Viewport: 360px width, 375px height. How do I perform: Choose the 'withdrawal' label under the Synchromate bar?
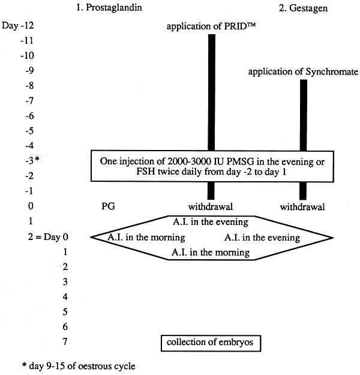click(303, 207)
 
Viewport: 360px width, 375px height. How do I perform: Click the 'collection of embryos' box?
click(210, 343)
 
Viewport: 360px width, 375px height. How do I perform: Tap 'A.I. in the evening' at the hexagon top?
click(210, 222)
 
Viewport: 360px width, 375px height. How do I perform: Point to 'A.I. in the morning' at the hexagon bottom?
click(210, 253)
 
